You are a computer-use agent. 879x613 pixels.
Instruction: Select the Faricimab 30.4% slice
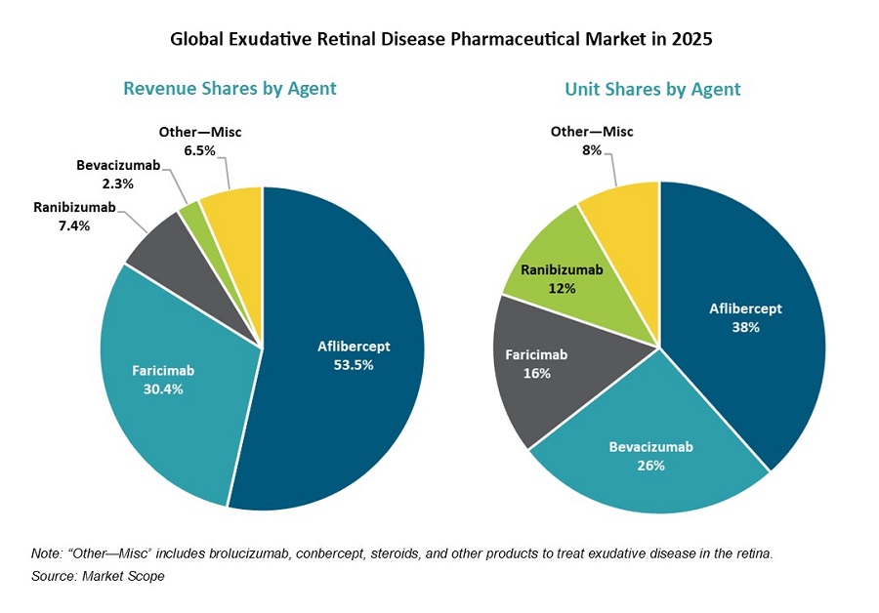(x=166, y=390)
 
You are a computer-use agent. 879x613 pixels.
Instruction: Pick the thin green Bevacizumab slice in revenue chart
(x=192, y=211)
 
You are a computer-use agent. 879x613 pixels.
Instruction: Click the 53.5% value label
(x=353, y=364)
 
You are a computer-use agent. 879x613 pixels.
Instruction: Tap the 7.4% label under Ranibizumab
(x=74, y=225)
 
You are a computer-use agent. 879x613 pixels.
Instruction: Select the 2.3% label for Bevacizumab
(x=116, y=184)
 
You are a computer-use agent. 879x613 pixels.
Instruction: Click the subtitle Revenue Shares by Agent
(x=230, y=89)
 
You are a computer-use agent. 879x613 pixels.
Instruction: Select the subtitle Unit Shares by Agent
(x=652, y=89)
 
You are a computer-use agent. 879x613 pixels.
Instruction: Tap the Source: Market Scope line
(x=98, y=576)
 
